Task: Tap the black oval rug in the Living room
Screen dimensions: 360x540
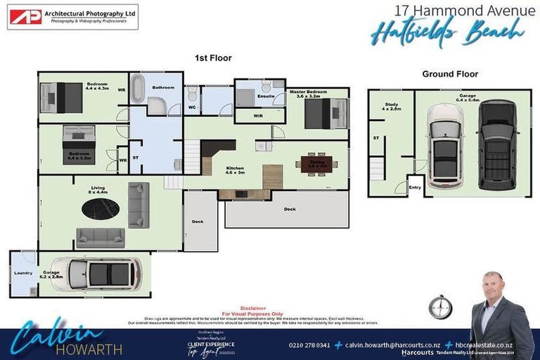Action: pos(101,209)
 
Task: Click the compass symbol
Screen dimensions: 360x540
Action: pos(440,307)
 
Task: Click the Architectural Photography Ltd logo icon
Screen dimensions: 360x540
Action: pos(25,17)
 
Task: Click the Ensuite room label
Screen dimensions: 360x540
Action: pos(265,96)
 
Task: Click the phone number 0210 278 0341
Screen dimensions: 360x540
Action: pos(309,345)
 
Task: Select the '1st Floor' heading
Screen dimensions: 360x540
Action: pos(212,58)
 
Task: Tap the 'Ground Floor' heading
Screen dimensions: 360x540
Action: pos(450,74)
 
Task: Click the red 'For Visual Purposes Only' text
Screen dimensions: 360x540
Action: pos(252,314)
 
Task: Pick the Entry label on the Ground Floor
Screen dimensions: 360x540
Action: pos(415,187)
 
